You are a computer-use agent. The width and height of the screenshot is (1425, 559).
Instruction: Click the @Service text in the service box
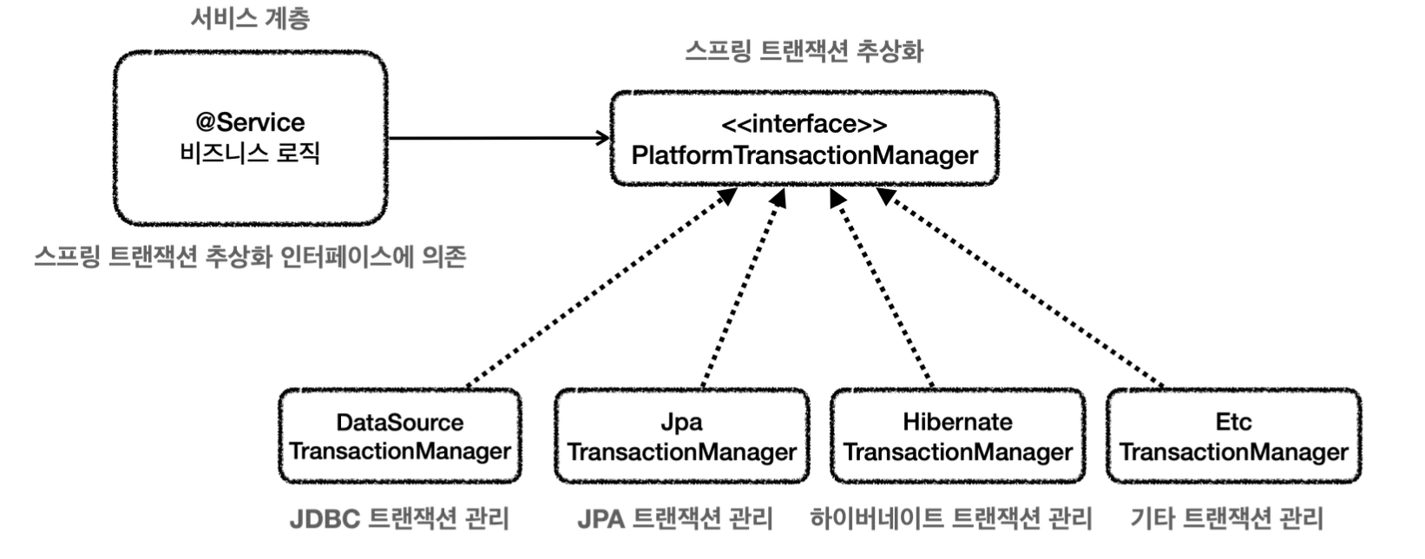(251, 122)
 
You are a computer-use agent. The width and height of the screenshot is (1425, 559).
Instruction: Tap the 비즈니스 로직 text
(250, 154)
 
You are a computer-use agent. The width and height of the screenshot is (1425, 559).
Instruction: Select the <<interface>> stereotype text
(804, 124)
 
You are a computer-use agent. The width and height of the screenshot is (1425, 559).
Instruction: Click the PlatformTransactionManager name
(804, 155)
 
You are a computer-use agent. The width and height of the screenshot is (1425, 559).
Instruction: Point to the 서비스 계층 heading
(251, 18)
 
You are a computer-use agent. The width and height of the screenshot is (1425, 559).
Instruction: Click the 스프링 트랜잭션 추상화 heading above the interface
(804, 51)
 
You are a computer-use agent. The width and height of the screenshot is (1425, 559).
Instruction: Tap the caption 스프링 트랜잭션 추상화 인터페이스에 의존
(250, 256)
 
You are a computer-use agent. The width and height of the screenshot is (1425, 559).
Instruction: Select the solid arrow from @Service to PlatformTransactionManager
(499, 138)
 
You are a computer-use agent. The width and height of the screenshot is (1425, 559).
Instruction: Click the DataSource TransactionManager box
(400, 437)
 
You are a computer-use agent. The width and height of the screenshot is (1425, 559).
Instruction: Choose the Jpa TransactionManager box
(682, 437)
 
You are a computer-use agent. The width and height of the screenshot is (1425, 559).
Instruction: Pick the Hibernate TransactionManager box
(958, 437)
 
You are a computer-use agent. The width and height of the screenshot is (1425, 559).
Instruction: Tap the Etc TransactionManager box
(1234, 437)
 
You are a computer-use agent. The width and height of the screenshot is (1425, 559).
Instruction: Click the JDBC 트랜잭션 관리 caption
(399, 519)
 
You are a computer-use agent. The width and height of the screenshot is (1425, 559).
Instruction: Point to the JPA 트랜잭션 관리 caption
(675, 519)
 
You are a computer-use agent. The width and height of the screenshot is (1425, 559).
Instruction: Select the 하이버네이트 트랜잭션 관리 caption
(951, 519)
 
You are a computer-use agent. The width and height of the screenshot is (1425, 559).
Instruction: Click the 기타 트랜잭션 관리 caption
(1226, 519)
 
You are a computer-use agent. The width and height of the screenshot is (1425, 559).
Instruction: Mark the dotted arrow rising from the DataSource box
(601, 287)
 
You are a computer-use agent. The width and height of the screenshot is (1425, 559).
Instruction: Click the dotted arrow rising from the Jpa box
(743, 287)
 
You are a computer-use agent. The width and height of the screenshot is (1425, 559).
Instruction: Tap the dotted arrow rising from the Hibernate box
(882, 287)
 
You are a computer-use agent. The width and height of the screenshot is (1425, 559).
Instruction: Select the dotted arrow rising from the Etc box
(1021, 287)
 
